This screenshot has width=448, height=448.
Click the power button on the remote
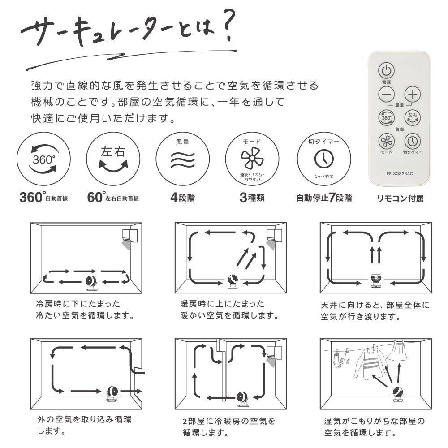[x=386, y=70]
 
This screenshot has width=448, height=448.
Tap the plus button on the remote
[x=413, y=94]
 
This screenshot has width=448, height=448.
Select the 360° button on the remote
[x=386, y=118]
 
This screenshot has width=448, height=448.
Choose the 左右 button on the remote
[x=413, y=118]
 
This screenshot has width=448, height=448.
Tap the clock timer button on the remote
[x=413, y=141]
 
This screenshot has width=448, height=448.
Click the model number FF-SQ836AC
[x=400, y=174]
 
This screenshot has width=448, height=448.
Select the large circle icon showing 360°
[x=43, y=159]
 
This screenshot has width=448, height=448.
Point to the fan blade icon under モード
[x=252, y=158]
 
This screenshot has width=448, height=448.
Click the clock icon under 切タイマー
[x=324, y=159]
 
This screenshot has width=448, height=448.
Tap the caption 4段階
[x=183, y=198]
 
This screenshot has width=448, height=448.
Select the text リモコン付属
[x=400, y=198]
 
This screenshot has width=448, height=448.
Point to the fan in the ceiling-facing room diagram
[x=375, y=281]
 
